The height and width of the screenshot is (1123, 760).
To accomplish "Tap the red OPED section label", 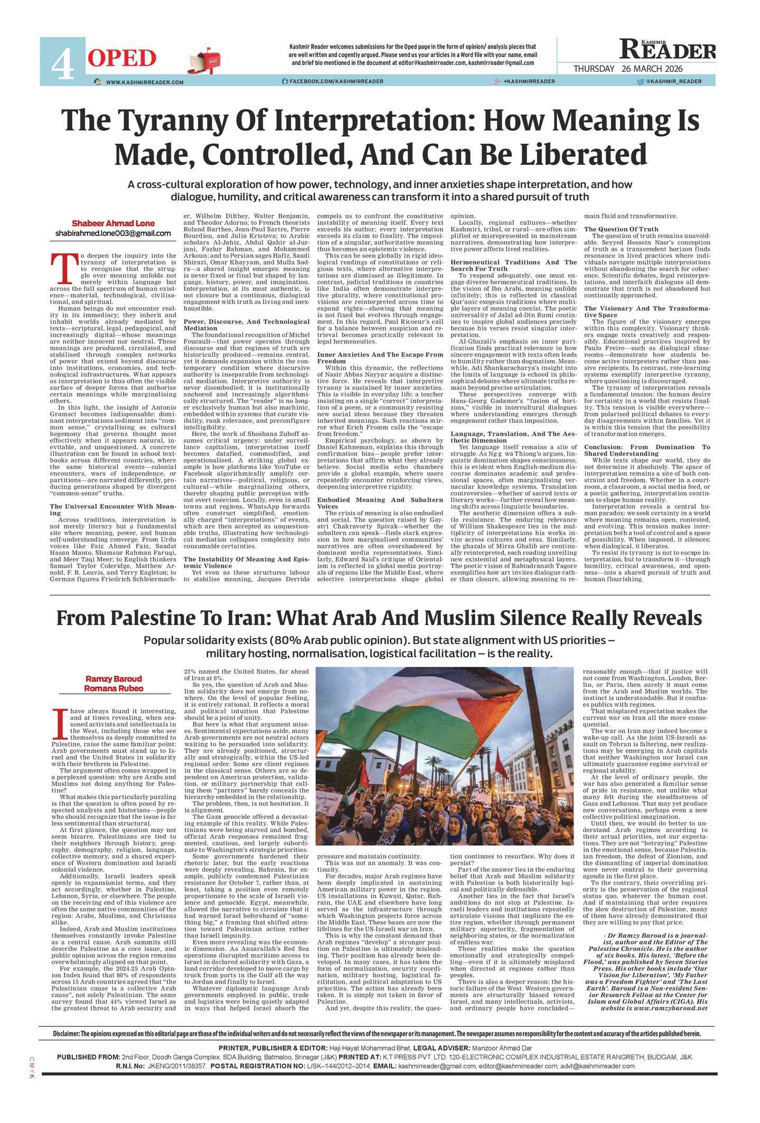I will click(122, 58).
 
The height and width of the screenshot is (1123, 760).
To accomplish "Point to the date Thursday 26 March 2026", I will click(628, 69).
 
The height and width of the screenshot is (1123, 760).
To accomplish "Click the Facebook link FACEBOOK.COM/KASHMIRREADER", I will click(333, 81).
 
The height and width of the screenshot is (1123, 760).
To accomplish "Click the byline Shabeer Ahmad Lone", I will click(113, 223).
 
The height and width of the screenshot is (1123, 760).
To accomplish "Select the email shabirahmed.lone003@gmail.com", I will click(113, 233).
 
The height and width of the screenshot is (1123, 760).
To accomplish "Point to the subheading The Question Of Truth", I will click(621, 229).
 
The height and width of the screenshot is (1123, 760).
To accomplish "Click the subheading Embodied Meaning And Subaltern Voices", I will click(380, 503).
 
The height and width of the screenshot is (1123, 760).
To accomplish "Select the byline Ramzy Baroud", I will click(114, 679).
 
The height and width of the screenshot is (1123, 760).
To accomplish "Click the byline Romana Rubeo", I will click(114, 688).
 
